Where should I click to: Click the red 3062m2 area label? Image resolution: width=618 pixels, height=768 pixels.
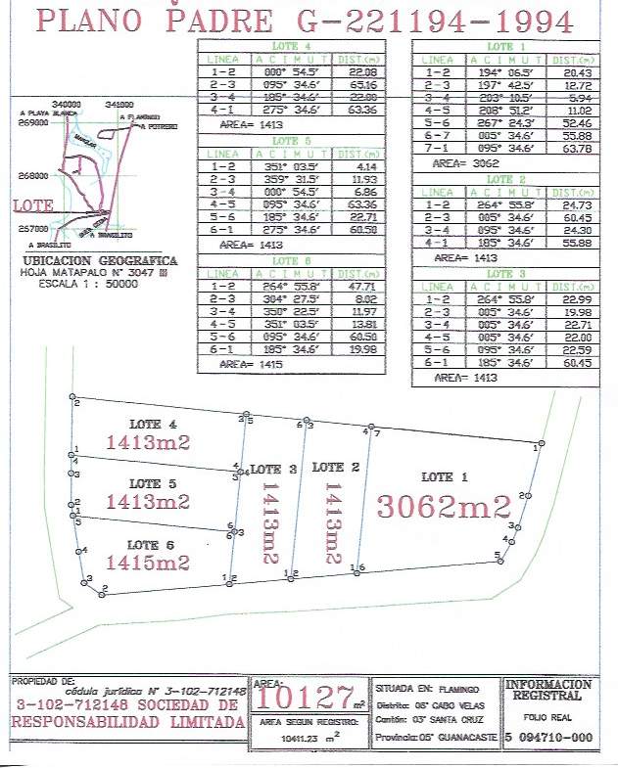(445, 507)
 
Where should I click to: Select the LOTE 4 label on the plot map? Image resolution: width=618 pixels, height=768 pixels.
(154, 425)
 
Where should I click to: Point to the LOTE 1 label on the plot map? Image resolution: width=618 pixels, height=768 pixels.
(437, 477)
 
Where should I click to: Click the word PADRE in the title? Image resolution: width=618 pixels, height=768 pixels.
(210, 21)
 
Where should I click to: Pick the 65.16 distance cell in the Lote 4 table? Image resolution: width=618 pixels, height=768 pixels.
(363, 86)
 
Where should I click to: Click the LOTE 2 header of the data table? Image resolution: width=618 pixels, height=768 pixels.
(506, 180)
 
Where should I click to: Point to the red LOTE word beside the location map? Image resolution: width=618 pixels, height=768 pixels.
(34, 206)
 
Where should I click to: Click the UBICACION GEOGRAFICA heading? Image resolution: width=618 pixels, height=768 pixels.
(99, 261)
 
